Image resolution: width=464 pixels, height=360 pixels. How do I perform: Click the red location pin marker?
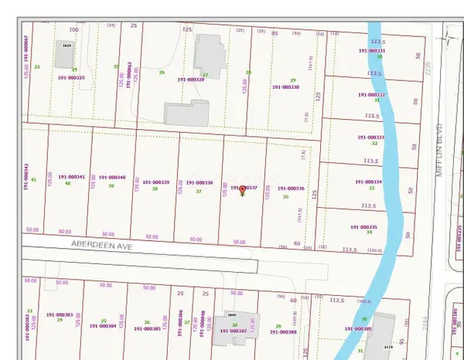pos(243,189)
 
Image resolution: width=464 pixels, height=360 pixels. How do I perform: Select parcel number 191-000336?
pos(290,188)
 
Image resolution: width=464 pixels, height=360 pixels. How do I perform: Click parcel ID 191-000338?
pos(199,183)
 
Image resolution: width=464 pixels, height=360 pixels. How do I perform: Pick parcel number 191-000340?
pos(111,178)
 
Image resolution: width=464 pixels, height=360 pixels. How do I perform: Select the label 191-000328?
pos(191,79)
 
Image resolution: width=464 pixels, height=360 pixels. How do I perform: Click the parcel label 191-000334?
pos(368,182)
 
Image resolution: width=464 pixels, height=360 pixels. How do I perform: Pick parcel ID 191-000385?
pos(147,328)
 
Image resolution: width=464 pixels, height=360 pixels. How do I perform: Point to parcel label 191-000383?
pos(60,315)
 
